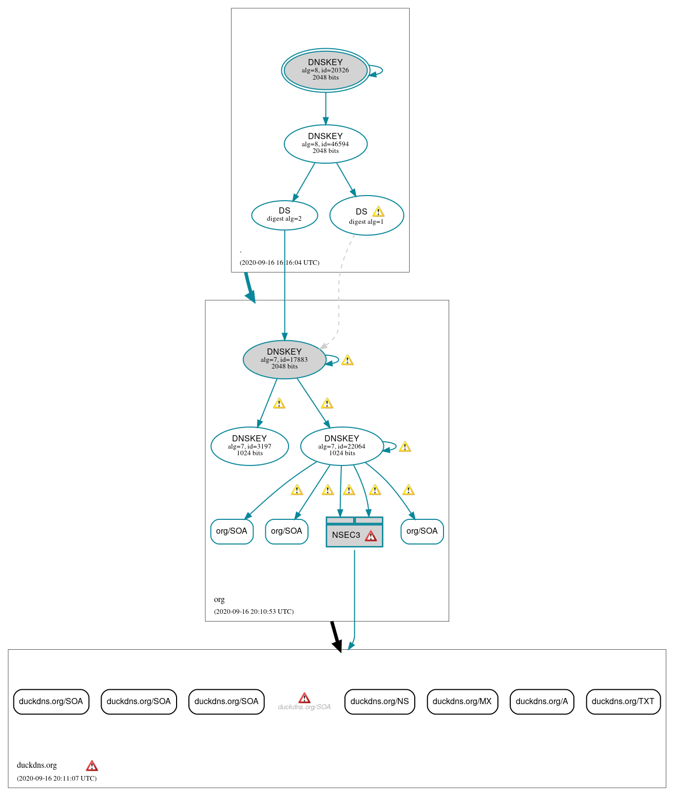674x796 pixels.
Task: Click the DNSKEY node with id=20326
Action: tap(325, 70)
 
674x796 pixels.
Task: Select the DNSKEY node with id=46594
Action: tap(325, 144)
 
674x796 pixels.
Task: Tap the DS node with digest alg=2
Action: tap(284, 215)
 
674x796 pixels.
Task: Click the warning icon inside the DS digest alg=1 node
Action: tap(378, 211)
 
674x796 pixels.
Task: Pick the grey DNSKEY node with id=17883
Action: tap(284, 359)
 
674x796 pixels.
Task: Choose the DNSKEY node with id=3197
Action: tap(249, 446)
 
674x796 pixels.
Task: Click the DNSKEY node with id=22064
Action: tap(341, 446)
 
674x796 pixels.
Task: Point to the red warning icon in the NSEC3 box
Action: tap(371, 536)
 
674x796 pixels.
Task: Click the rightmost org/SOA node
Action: tap(422, 531)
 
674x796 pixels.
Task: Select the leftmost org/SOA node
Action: tap(232, 531)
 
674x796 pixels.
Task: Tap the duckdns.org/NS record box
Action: tap(379, 702)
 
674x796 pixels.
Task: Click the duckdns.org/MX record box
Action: tap(462, 702)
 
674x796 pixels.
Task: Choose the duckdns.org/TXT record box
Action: tap(623, 702)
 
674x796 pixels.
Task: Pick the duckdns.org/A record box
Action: tap(542, 702)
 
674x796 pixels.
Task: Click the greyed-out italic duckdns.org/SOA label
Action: tap(304, 707)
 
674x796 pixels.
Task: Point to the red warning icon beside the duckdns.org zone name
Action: tap(92, 766)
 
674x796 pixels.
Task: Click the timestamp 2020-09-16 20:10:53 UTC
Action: tap(254, 612)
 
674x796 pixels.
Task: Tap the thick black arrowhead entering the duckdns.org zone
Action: tap(337, 646)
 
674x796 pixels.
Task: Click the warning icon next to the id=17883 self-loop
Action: tap(348, 360)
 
